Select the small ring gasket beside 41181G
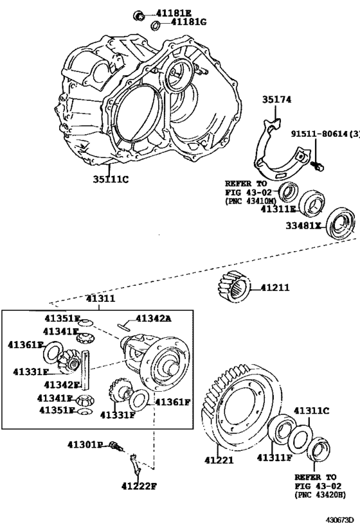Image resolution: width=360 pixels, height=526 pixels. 155,25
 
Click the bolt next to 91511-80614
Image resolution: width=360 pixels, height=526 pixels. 317,166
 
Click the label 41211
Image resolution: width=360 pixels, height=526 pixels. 275,286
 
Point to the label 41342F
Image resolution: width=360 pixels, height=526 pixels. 61,385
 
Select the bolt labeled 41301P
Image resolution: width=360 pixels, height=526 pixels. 114,446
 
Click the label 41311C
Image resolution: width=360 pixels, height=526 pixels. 311,410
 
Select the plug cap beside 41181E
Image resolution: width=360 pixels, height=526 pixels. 138,13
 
